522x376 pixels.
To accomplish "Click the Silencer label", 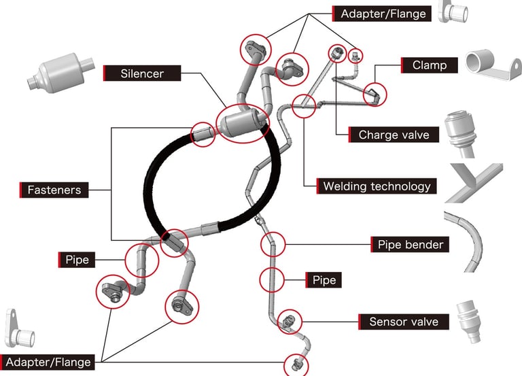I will [141, 72].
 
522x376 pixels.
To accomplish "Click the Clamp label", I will [429, 65].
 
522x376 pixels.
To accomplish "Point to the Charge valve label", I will [394, 135].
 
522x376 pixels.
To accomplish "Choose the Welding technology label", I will [376, 186].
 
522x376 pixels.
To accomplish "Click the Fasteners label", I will [54, 190].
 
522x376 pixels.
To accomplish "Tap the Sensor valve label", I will [403, 321].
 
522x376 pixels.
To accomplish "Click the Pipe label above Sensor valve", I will [324, 279].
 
